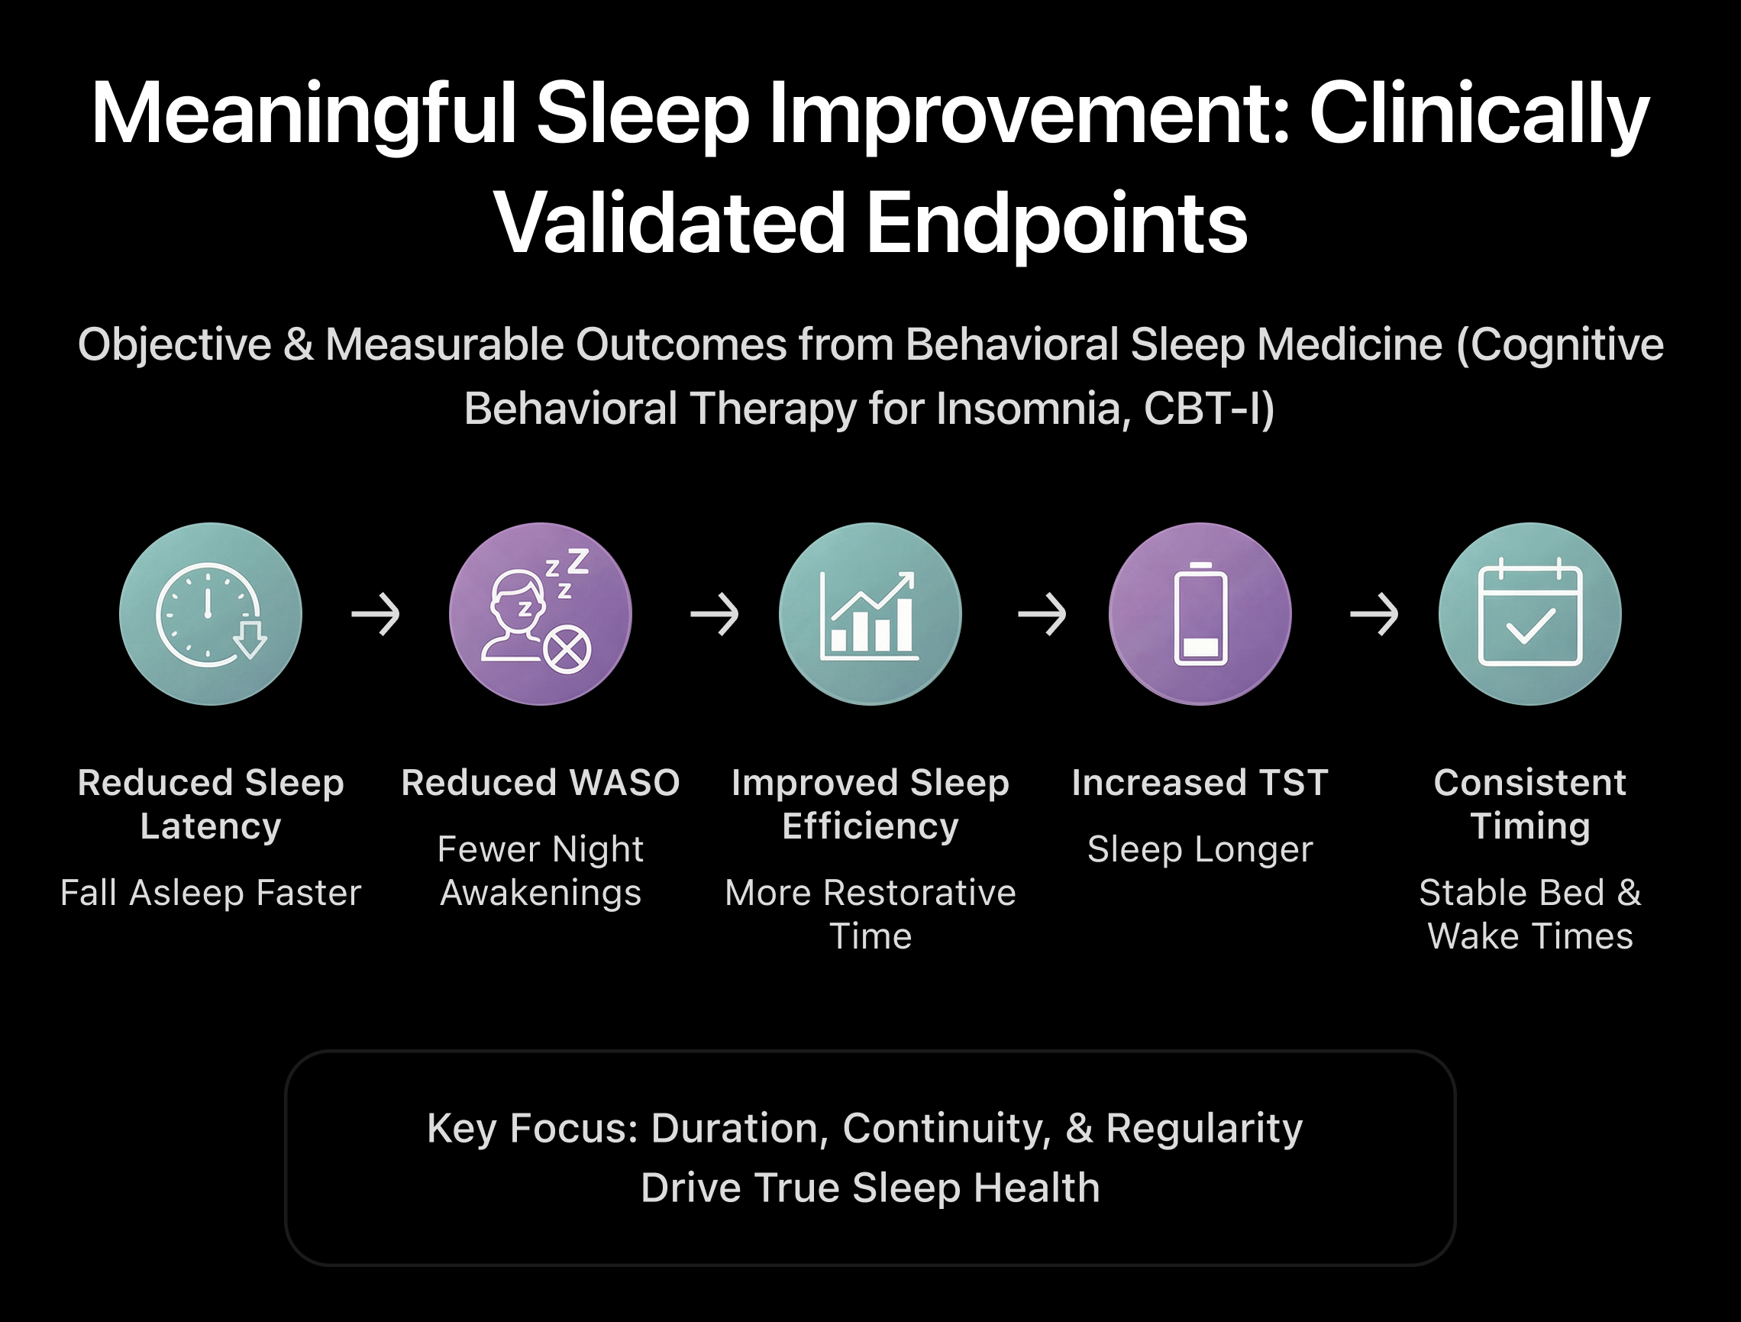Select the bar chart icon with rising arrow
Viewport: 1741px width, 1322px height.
pyautogui.click(x=869, y=615)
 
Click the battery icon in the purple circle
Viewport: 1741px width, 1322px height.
pyautogui.click(x=1200, y=614)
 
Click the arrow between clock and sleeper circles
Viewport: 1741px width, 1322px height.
pyautogui.click(x=376, y=614)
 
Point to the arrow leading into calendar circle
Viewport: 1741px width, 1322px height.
pyautogui.click(x=1374, y=614)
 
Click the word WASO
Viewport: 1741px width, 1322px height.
pyautogui.click(x=624, y=783)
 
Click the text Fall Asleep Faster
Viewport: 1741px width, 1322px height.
pyautogui.click(x=210, y=893)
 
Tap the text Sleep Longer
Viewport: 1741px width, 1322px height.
pyautogui.click(x=1200, y=848)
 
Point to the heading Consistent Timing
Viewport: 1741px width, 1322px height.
pyautogui.click(x=1529, y=804)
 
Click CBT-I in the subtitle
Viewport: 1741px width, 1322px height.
pyautogui.click(x=1207, y=409)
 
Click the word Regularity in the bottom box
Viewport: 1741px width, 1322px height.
pyautogui.click(x=1203, y=1127)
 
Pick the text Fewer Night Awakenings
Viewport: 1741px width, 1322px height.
pyautogui.click(x=540, y=871)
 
